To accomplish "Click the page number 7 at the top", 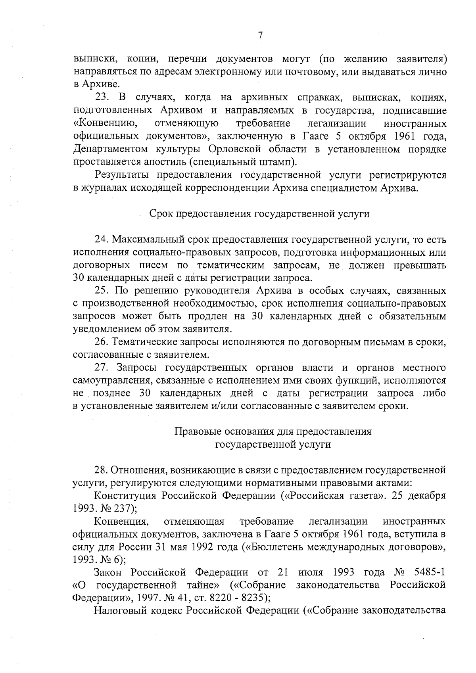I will point(260,35).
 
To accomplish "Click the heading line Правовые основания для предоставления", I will point(273,431).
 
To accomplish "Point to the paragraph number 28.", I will point(102,470).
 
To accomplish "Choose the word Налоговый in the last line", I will point(119,611).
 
